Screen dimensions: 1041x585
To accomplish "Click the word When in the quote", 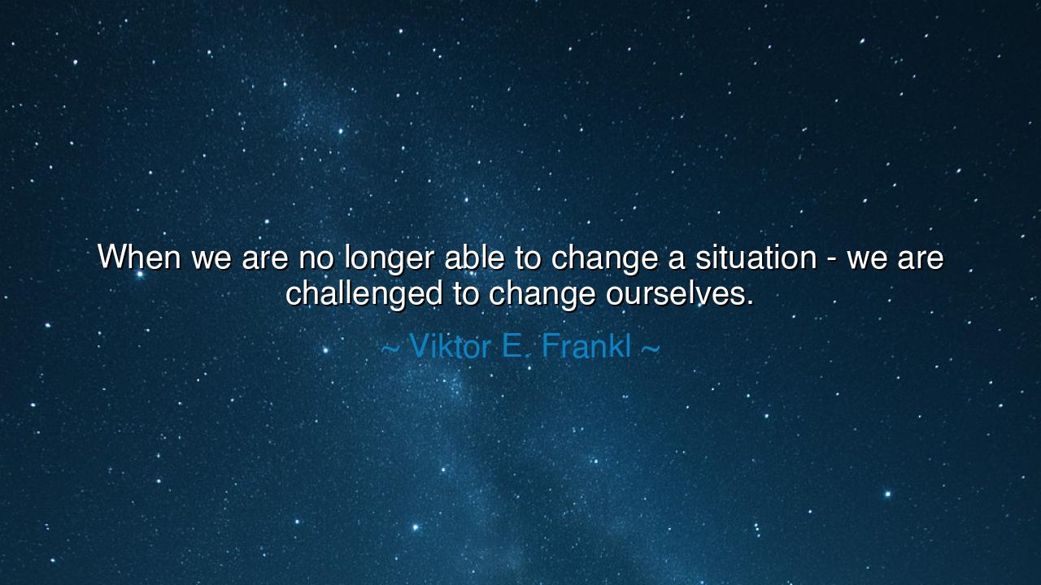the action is (139, 256).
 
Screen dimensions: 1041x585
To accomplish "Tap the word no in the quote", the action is (316, 259).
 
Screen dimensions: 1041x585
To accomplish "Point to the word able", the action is (474, 256).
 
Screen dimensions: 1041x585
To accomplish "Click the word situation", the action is (756, 256).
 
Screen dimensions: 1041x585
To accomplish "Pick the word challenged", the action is (364, 295).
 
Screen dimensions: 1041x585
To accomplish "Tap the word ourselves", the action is (675, 293).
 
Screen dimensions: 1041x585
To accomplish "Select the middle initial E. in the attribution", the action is (516, 346).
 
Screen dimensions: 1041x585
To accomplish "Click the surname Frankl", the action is (586, 346).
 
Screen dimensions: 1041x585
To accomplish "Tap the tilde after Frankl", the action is (651, 349).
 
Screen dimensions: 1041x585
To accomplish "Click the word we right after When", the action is (211, 259).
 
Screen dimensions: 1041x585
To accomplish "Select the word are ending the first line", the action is (921, 259).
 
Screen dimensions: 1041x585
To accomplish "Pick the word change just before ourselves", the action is (542, 295).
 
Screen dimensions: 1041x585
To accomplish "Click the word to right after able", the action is (528, 258).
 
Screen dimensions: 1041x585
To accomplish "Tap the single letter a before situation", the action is (677, 259).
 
